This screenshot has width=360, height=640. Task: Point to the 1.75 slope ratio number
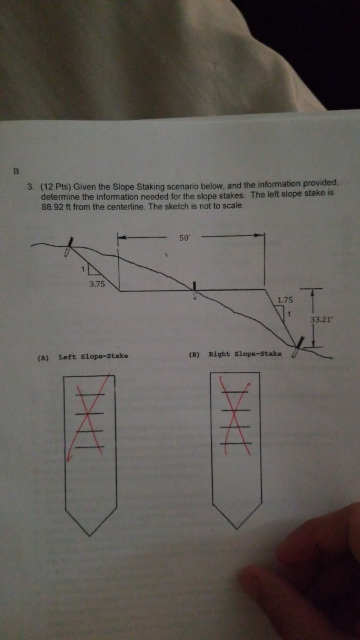click(x=283, y=301)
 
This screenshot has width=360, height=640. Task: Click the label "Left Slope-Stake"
click(x=93, y=356)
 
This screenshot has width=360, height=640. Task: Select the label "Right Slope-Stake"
click(x=245, y=353)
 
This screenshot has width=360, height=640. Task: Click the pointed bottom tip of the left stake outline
click(x=90, y=534)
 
